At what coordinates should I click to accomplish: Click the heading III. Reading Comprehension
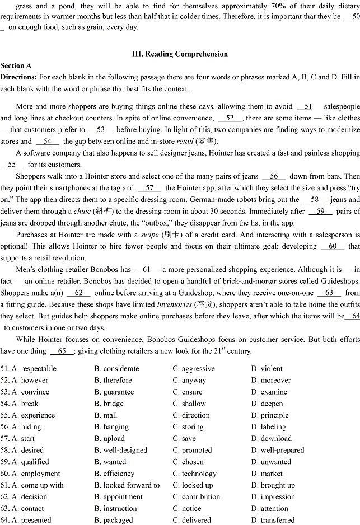pyautogui.click(x=180, y=54)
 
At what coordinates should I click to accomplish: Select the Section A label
pyautogui.click(x=16, y=65)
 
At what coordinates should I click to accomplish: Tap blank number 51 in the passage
pyautogui.click(x=305, y=106)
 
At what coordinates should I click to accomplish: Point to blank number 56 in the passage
pyautogui.click(x=274, y=176)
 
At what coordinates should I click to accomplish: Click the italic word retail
pyautogui.click(x=185, y=142)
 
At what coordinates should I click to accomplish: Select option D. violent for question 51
pyautogui.click(x=267, y=369)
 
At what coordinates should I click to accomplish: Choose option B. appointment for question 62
pyautogui.click(x=118, y=497)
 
